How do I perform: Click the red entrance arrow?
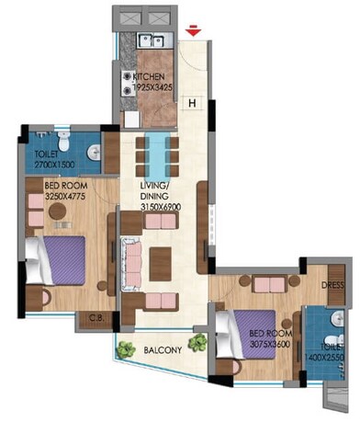(x=192, y=33)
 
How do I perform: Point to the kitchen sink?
(x=149, y=40)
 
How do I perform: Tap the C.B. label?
(x=93, y=318)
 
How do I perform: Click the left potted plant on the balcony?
(x=123, y=349)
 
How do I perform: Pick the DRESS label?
(x=332, y=285)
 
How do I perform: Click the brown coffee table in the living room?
(x=162, y=256)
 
